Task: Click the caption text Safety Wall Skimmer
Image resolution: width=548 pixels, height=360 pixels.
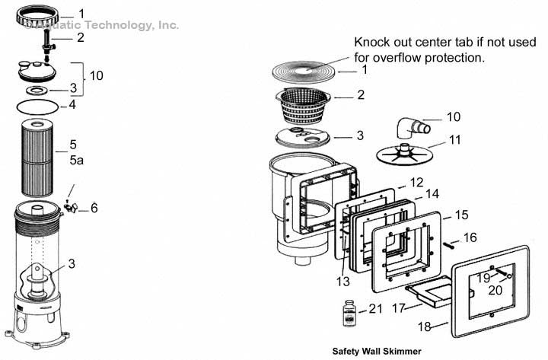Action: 376,352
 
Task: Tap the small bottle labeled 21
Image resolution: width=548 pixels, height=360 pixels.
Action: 349,311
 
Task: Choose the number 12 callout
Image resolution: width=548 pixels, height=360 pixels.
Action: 416,183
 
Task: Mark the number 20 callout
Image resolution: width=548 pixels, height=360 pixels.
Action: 495,289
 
